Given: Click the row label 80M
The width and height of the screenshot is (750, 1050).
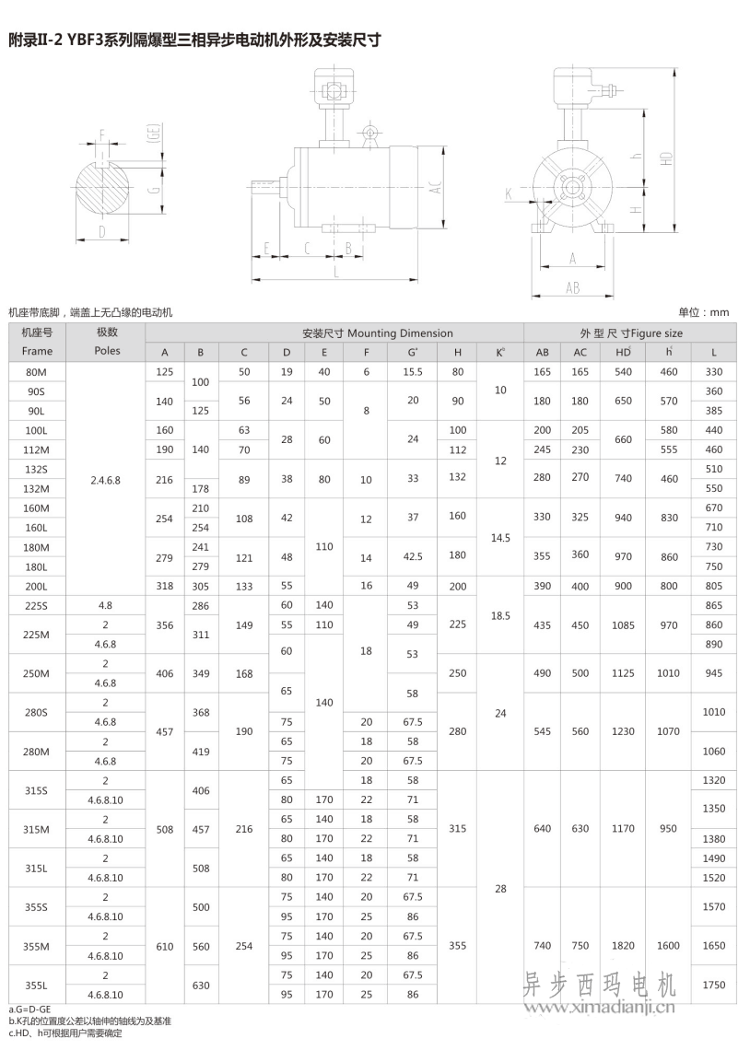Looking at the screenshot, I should pos(38,371).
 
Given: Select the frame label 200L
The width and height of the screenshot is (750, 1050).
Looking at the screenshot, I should pos(38,585).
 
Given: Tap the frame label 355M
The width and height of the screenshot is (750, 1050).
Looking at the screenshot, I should pos(38,945).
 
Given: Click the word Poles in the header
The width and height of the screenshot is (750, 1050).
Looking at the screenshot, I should pos(107,351).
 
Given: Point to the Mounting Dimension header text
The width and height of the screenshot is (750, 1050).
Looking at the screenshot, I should pos(377,332).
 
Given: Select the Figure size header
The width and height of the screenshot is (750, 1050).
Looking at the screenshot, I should pos(631,332).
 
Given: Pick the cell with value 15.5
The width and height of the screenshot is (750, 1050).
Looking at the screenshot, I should pos(413,371).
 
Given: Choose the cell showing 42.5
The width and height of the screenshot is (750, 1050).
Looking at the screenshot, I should pos(413,556).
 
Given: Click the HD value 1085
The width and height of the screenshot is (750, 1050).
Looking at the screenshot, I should pos(623,624).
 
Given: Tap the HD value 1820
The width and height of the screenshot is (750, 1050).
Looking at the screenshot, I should pos(623,945).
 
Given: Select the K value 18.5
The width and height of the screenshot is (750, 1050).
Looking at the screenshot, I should pos(500,614).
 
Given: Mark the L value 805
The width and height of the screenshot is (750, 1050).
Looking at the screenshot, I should pos(713,585).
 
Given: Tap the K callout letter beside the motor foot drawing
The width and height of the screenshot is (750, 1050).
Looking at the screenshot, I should pos(508,193).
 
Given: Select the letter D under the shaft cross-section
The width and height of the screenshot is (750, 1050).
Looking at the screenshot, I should pos(101,231).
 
